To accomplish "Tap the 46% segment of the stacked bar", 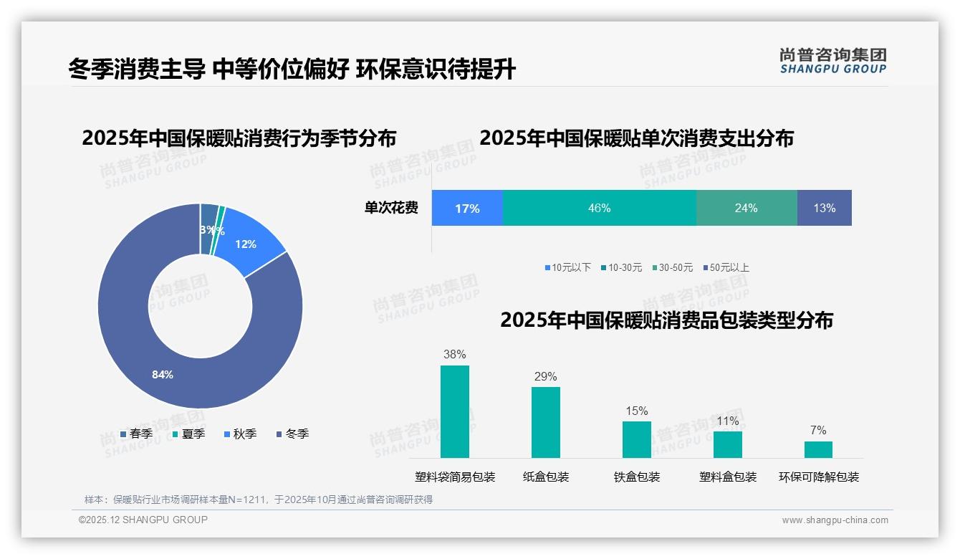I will point(599,208).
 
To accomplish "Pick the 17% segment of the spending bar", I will point(467,208).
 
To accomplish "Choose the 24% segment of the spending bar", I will point(746,208).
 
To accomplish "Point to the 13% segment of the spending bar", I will point(824,208).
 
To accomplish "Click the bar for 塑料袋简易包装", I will point(455,411).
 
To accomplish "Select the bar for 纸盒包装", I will point(546,422).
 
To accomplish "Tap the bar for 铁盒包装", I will point(637,439).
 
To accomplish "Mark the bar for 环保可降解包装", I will point(818,449).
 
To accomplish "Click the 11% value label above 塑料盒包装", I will point(727,421).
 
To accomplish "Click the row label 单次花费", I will point(391,208).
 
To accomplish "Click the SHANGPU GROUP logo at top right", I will point(833,61).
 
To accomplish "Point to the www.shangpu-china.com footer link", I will point(835,520).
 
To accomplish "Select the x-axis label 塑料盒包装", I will point(728,477).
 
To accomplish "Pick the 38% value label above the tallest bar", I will point(455,354).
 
